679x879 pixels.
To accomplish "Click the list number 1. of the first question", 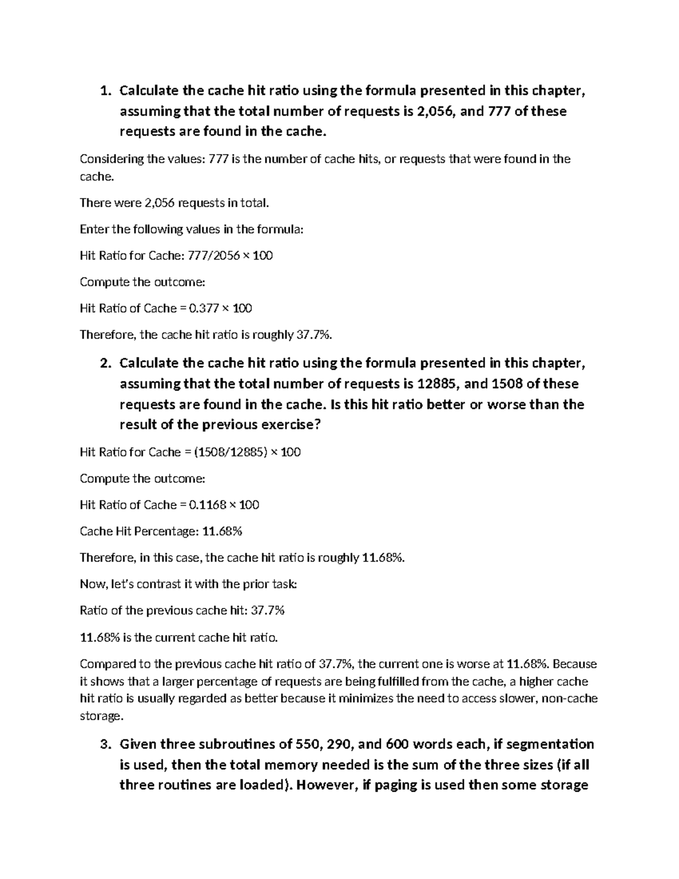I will [104, 91].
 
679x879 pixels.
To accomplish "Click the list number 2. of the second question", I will [104, 363].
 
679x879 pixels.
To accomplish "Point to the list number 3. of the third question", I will [104, 744].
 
